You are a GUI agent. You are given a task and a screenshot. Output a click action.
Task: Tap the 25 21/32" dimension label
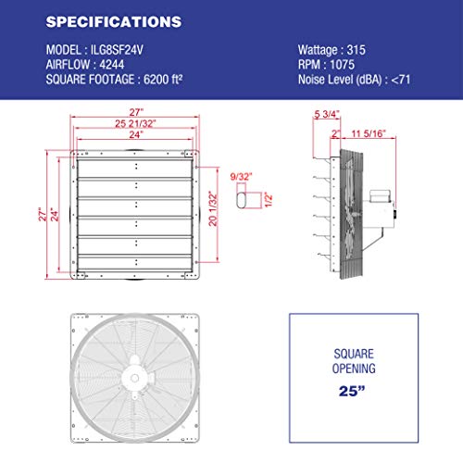coord(135,123)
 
